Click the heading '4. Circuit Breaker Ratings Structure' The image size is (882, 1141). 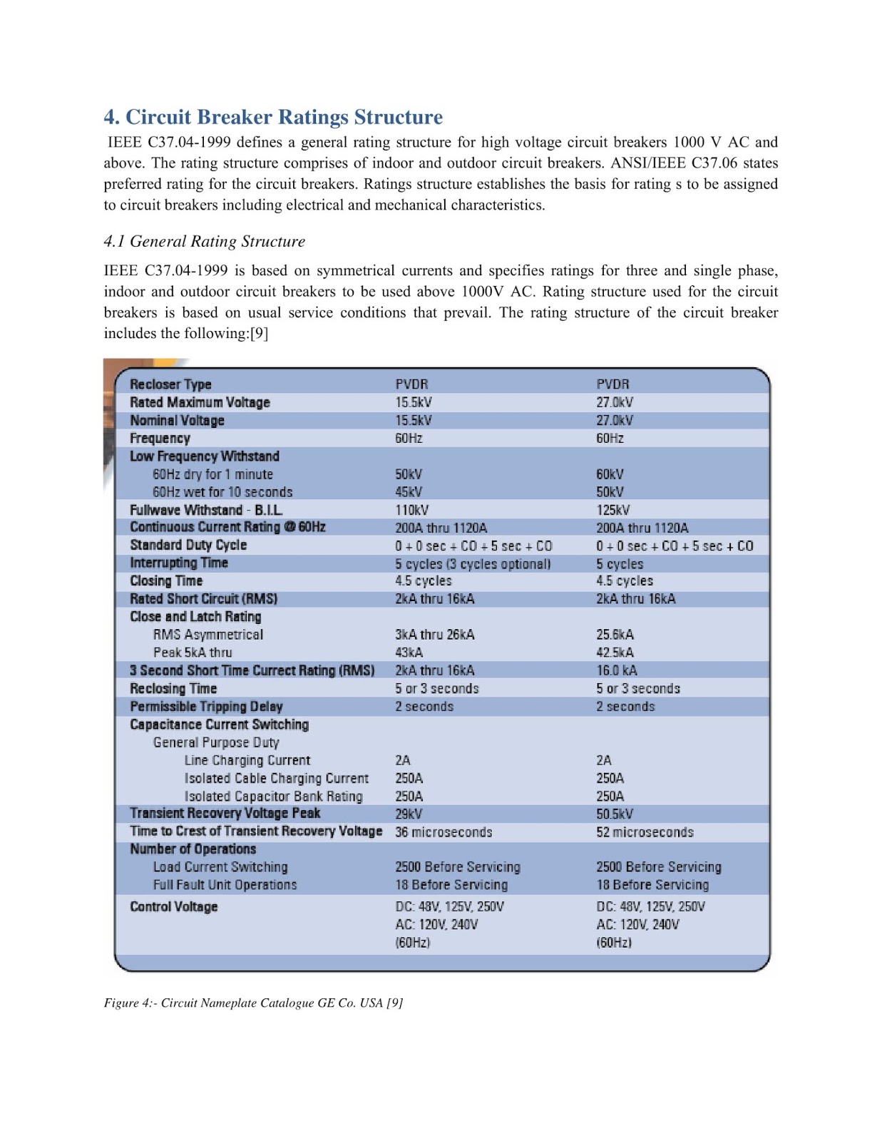273,117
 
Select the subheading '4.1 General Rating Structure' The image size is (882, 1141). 204,242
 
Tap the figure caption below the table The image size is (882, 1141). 253,1003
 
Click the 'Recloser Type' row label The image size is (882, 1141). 170,384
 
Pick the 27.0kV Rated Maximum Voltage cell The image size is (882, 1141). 614,402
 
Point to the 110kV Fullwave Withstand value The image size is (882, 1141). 411,510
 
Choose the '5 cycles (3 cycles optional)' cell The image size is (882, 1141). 473,563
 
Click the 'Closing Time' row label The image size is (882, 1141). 166,581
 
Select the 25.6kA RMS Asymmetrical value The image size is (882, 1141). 615,635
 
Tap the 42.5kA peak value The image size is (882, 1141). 615,653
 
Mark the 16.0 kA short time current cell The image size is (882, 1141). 617,670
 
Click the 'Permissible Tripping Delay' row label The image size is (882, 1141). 206,707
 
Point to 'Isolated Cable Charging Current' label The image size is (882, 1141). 277,778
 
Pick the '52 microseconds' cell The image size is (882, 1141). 645,832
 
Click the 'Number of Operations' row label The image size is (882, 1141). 193,849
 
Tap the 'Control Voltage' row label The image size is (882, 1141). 173,907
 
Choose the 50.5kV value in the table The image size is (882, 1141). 615,814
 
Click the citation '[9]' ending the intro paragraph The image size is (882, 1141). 259,334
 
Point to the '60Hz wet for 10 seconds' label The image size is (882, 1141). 222,492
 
